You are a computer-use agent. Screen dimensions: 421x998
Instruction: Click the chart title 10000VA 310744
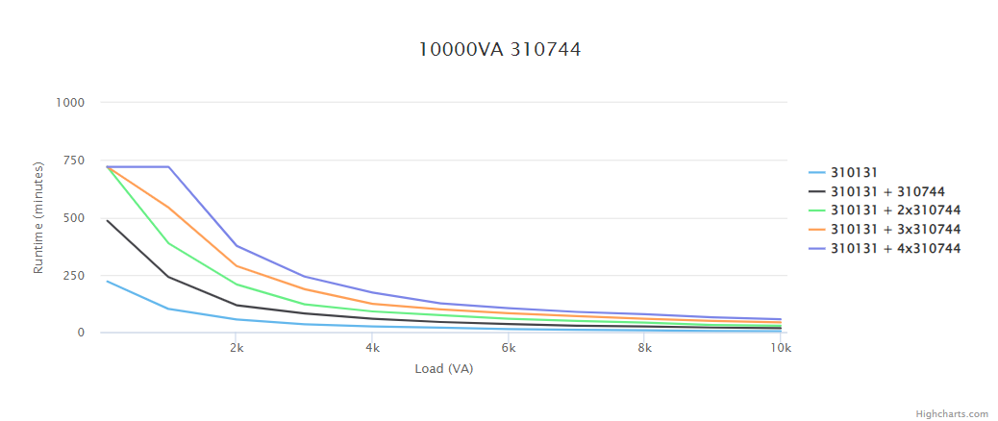(499, 49)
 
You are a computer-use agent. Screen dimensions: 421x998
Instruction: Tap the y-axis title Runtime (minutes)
(39, 218)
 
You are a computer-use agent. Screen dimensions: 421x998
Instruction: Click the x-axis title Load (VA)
(443, 369)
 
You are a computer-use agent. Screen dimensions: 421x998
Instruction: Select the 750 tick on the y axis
(75, 161)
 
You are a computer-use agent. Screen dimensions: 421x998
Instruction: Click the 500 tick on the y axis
(75, 218)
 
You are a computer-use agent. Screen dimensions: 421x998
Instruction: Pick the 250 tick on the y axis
(75, 276)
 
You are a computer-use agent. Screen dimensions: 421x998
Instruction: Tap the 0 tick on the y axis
(81, 333)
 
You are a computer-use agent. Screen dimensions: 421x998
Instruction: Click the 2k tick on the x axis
(236, 348)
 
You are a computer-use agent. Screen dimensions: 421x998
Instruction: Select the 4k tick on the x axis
(372, 348)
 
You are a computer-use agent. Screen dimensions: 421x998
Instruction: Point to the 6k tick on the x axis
(509, 348)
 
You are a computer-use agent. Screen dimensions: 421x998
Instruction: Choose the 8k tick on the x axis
(645, 348)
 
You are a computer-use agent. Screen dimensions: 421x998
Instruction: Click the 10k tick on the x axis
(781, 348)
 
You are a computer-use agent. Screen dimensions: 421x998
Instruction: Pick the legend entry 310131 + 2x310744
(895, 210)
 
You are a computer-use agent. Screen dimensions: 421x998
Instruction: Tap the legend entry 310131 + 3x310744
(895, 230)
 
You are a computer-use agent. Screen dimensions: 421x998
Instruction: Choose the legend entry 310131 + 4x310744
(895, 249)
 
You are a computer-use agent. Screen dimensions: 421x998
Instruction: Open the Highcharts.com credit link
(951, 413)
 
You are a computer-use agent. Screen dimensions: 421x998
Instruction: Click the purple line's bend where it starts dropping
(169, 167)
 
